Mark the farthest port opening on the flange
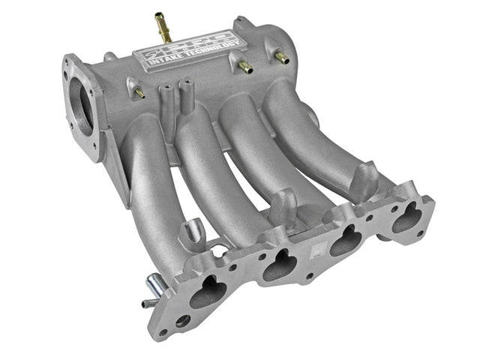[407, 216]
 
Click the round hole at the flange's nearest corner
[181, 322]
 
